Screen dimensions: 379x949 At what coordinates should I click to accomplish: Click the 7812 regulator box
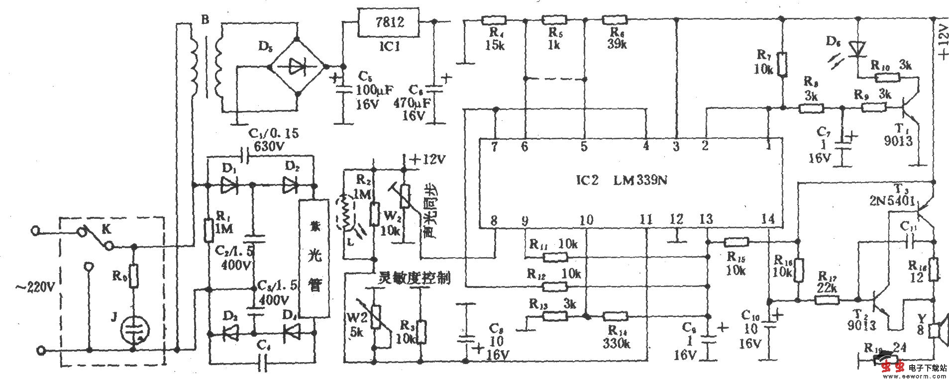pyautogui.click(x=388, y=22)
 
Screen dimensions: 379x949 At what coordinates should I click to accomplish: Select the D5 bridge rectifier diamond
pyautogui.click(x=297, y=66)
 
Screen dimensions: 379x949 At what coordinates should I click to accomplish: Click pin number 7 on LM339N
pyautogui.click(x=494, y=146)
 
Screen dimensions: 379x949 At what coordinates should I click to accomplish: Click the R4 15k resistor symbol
pyautogui.click(x=494, y=20)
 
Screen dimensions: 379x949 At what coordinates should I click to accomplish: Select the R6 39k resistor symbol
pyautogui.click(x=615, y=20)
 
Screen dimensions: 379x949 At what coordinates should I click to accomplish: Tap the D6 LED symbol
pyautogui.click(x=858, y=49)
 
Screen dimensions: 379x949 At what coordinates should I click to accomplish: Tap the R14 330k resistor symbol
pyautogui.click(x=615, y=316)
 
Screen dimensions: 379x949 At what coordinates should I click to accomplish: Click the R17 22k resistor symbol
pyautogui.click(x=827, y=300)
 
